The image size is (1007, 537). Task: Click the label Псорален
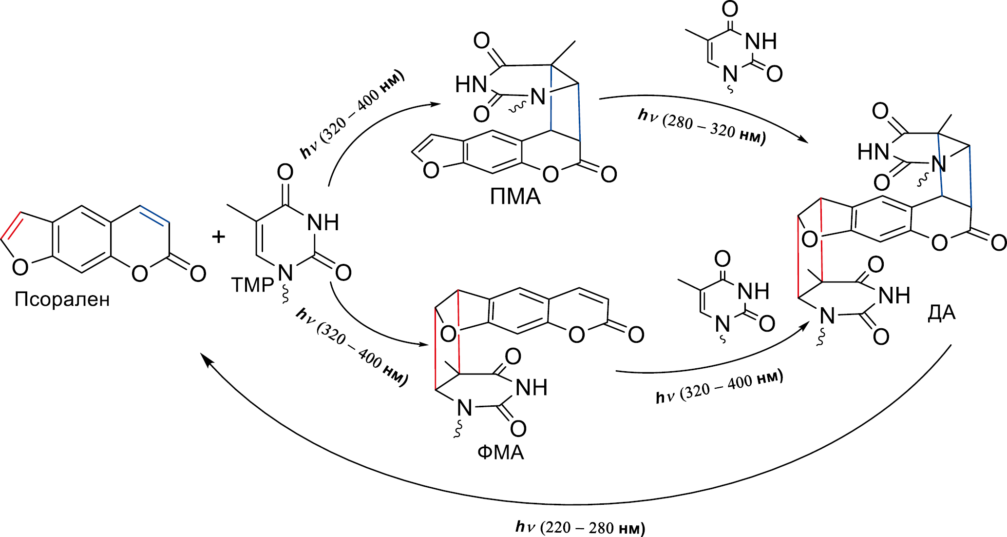click(x=62, y=299)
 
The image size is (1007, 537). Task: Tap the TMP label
click(x=252, y=285)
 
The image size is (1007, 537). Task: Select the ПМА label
click(x=515, y=197)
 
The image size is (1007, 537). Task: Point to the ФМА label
click(x=500, y=453)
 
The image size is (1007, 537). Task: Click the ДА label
click(x=941, y=313)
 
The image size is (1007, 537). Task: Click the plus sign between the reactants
click(x=219, y=237)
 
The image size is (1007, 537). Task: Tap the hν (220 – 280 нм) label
click(x=580, y=527)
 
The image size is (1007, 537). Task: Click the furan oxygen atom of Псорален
click(x=20, y=267)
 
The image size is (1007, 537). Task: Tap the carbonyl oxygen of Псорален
click(x=198, y=274)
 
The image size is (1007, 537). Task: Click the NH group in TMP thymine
click(x=323, y=223)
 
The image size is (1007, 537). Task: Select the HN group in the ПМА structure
click(x=471, y=85)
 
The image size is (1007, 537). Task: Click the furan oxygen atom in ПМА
click(x=431, y=170)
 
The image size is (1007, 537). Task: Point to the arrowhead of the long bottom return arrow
click(x=207, y=359)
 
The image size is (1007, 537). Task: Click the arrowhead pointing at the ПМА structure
click(x=435, y=104)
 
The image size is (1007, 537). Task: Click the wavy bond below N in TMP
click(x=285, y=294)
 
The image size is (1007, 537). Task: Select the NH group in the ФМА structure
click(x=531, y=388)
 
